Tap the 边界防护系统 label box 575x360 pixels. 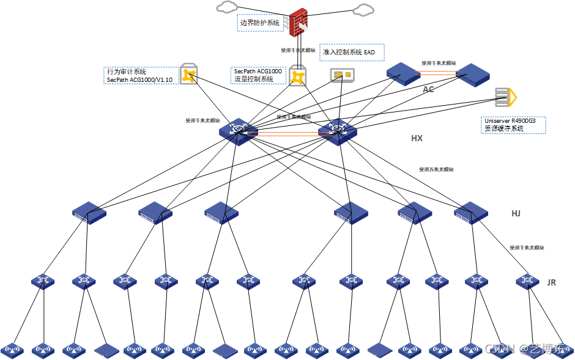(260, 23)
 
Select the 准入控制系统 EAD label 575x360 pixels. (352, 53)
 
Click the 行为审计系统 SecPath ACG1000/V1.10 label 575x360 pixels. (140, 75)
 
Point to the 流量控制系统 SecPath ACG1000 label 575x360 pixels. (258, 75)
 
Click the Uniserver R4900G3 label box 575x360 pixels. (513, 125)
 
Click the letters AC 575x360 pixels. (428, 89)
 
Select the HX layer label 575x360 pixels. (417, 139)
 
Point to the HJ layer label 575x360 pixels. (516, 214)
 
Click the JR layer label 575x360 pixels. (551, 283)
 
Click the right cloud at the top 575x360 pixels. (363, 9)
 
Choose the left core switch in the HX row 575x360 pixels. (238, 131)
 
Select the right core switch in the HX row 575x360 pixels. (337, 131)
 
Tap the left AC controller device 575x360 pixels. (403, 73)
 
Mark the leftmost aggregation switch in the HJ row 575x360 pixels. (89, 213)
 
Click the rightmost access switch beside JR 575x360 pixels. (527, 281)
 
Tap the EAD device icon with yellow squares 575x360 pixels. (342, 75)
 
